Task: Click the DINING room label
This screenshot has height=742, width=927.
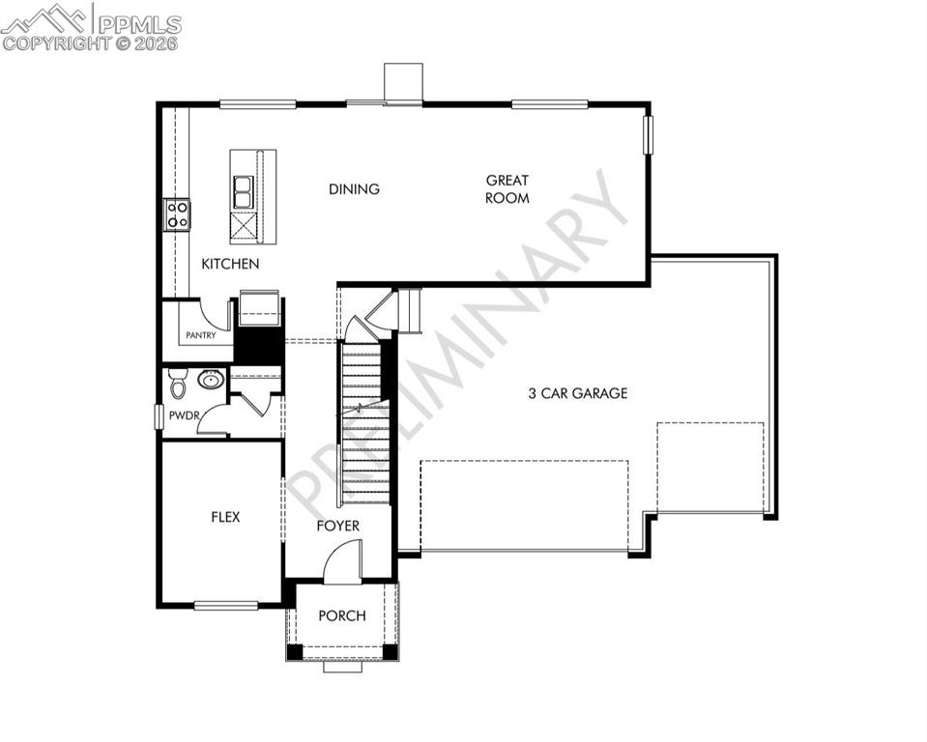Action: (x=354, y=189)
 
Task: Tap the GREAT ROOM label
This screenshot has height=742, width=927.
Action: (x=507, y=188)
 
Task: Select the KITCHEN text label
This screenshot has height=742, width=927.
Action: (x=230, y=264)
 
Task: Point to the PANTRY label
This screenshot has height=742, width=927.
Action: (x=200, y=335)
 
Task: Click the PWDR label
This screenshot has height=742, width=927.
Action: (x=183, y=415)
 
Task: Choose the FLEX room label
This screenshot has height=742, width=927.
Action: (x=225, y=517)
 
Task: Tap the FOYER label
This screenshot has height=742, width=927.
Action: (x=338, y=526)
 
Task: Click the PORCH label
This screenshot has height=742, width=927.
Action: (x=342, y=615)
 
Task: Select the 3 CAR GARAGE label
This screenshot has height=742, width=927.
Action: (x=577, y=393)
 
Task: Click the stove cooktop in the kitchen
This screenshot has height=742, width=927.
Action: (x=177, y=214)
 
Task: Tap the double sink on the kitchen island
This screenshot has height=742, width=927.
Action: (x=242, y=192)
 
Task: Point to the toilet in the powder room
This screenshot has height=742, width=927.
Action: (x=178, y=384)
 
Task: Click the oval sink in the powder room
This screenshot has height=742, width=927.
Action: (x=211, y=380)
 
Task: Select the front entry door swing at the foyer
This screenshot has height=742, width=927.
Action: (x=344, y=562)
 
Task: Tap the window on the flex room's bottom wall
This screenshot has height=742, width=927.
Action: (x=226, y=606)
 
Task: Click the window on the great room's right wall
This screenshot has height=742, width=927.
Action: (x=649, y=134)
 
